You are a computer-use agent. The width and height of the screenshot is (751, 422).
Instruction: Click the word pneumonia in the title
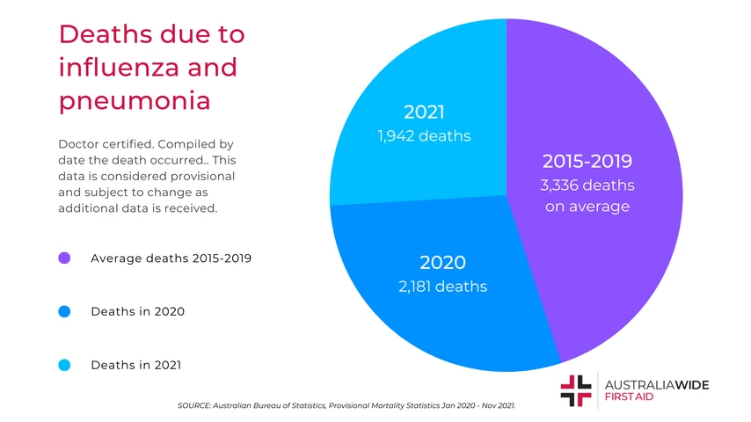(134, 100)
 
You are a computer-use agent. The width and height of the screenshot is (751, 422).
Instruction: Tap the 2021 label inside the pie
(424, 113)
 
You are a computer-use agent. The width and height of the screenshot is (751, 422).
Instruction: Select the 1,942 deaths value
(424, 136)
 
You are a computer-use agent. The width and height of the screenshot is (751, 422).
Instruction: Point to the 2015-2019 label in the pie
(587, 162)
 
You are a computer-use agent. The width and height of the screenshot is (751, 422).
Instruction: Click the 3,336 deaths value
(587, 186)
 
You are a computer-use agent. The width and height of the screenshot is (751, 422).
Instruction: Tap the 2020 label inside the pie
(442, 262)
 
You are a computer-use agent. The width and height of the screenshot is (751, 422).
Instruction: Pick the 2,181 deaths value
(442, 287)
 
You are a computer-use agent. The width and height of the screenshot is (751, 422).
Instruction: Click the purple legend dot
(64, 258)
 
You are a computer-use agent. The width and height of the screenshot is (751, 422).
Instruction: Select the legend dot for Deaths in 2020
(64, 311)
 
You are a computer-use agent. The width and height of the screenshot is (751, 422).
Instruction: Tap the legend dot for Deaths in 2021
(64, 365)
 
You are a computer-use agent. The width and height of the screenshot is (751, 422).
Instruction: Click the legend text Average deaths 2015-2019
(171, 258)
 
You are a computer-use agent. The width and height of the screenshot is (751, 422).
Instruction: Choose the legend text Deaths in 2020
(137, 311)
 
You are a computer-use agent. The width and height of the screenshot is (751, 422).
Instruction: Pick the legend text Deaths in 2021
(136, 365)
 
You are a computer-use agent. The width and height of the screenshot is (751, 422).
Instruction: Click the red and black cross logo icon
(576, 390)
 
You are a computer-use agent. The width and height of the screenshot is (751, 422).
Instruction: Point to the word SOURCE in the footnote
(194, 406)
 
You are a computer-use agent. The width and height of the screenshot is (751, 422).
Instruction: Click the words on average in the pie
(587, 207)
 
